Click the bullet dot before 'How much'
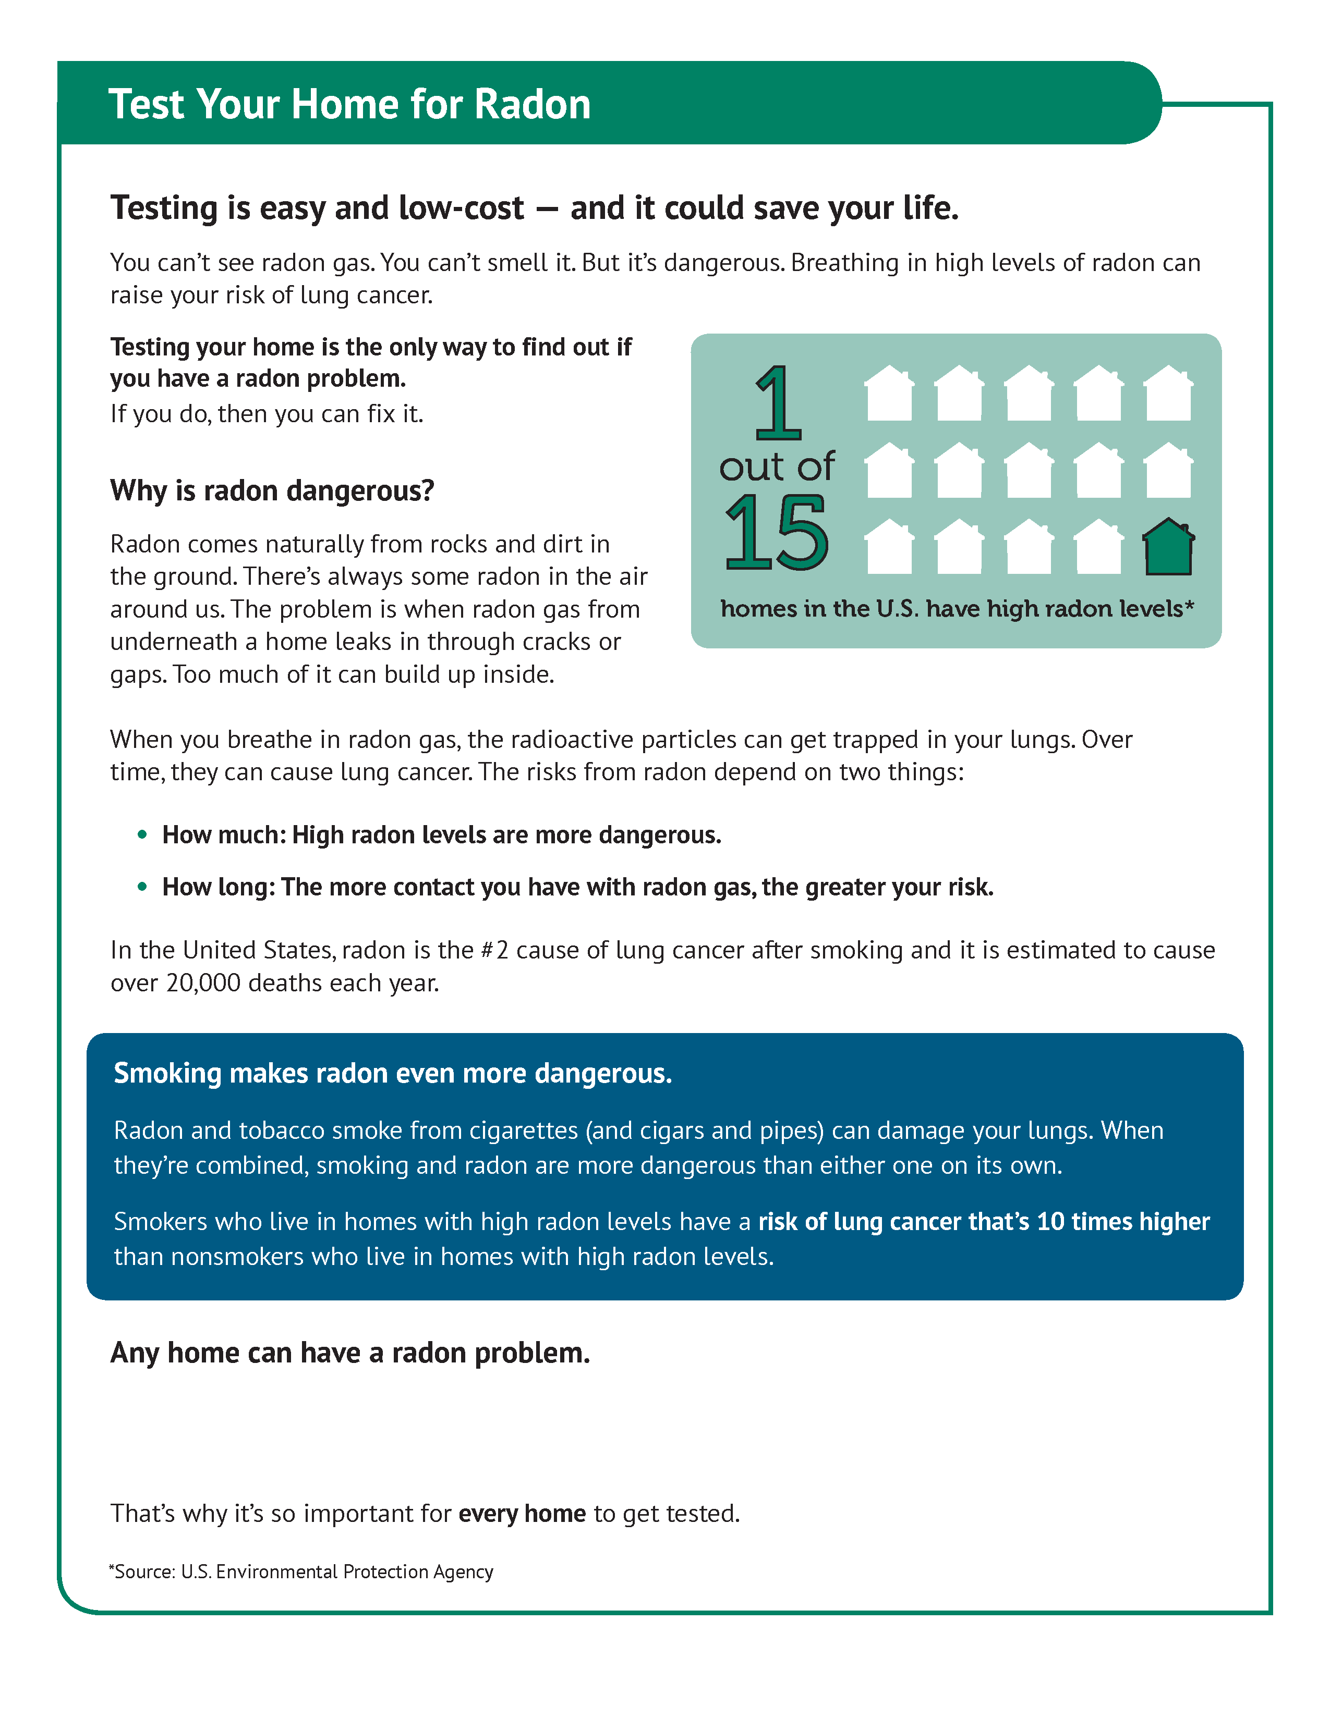[142, 834]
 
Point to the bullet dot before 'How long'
[142, 886]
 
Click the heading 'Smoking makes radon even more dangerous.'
[392, 1073]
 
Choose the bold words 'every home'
[522, 1514]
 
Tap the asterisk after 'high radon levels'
[1189, 606]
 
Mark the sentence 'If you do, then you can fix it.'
[267, 413]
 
